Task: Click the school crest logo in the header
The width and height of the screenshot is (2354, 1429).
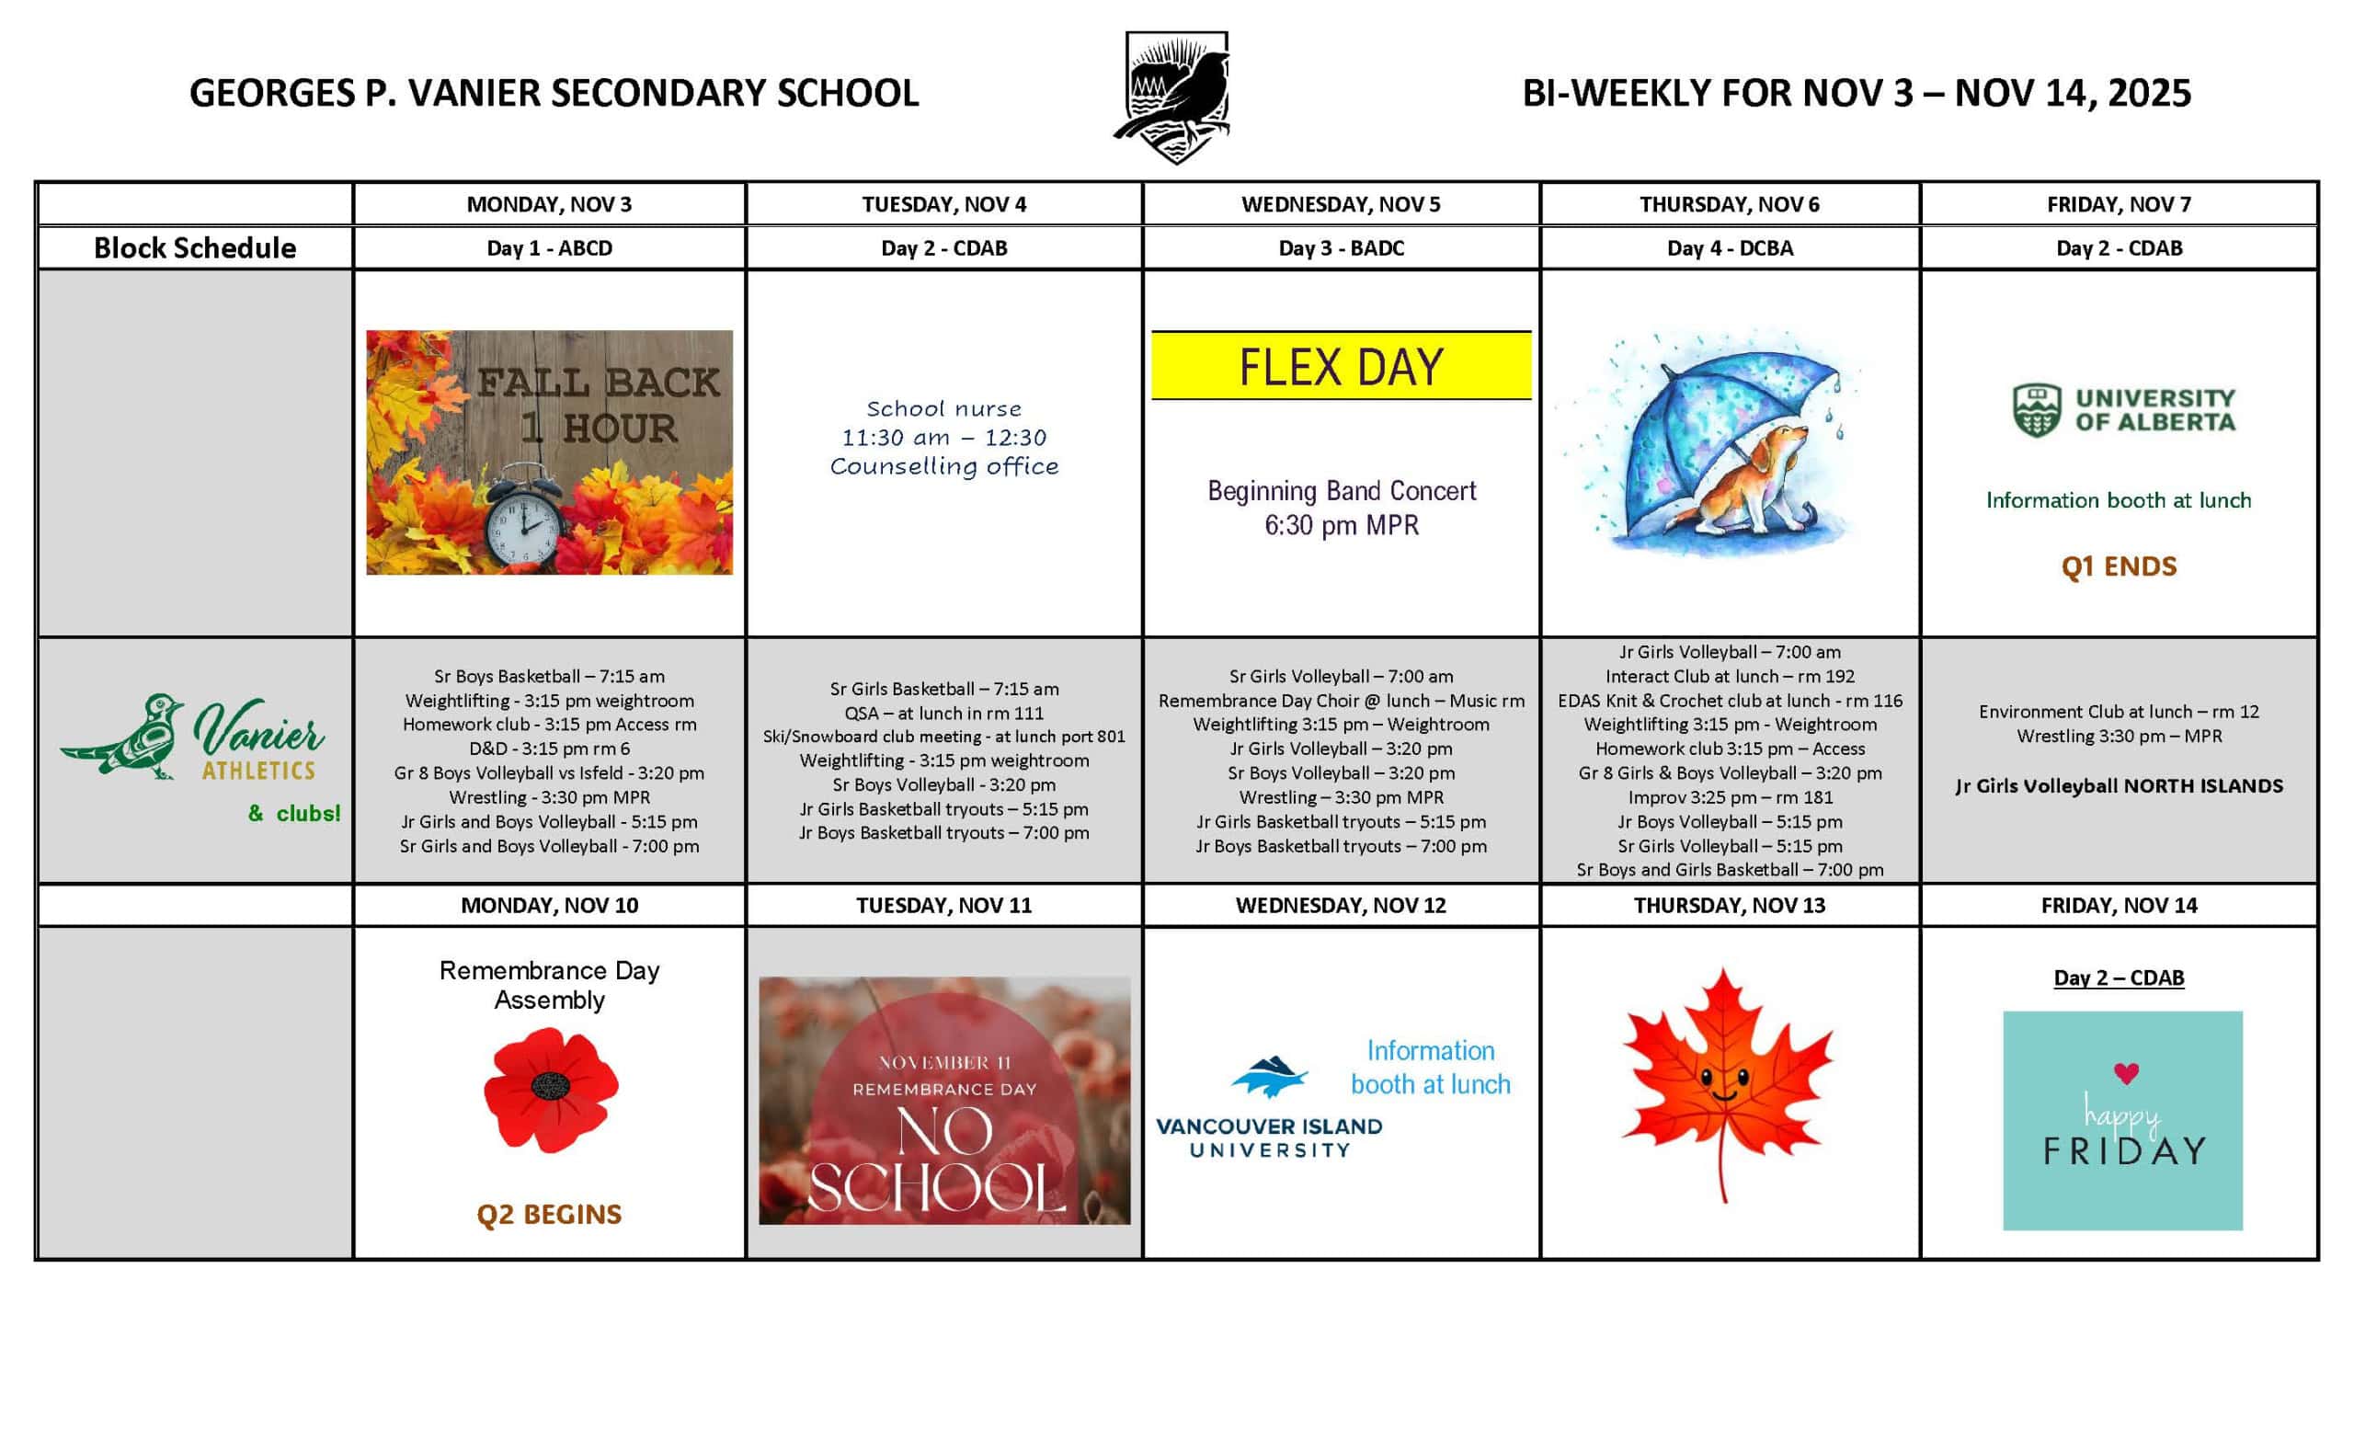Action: pos(1174,96)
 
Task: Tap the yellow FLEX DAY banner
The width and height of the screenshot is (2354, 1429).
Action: pos(1341,366)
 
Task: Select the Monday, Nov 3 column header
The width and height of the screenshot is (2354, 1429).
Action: pos(548,204)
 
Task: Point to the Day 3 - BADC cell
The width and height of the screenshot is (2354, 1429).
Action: pos(1341,248)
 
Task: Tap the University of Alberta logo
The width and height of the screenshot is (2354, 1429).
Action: pos(2123,411)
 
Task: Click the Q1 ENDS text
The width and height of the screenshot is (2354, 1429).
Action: pos(2118,566)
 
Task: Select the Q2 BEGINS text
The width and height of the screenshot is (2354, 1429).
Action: pos(548,1214)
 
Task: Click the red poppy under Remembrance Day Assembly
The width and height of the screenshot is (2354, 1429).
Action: pos(550,1089)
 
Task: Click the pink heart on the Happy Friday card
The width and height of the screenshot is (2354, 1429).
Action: pos(2126,1073)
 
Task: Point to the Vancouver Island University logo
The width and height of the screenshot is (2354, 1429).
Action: pos(1269,1108)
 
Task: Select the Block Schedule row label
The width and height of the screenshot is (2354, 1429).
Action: pos(195,248)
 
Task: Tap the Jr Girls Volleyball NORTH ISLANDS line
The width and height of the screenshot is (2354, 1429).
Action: pos(2118,786)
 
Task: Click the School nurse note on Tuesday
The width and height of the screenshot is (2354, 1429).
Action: pos(943,438)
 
